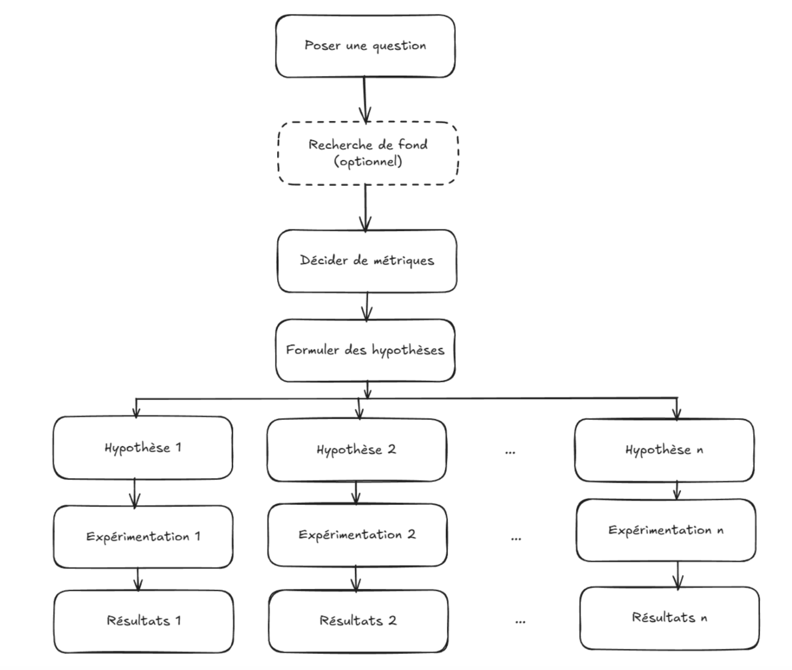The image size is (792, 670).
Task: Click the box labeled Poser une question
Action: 365,46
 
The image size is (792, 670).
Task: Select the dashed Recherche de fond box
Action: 368,153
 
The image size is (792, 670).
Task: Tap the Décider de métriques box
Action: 367,261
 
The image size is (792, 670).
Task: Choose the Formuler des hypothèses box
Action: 365,350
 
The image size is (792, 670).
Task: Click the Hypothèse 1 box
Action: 142,448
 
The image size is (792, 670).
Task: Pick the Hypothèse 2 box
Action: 357,450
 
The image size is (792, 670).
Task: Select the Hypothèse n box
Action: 664,450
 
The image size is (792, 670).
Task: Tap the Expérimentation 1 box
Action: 143,537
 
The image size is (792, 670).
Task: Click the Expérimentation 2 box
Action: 357,535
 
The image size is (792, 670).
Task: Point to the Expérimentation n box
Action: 666,530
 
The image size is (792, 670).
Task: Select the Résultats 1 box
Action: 143,621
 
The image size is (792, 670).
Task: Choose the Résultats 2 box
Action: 358,621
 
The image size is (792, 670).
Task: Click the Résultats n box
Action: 669,618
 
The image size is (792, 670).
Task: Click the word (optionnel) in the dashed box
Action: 368,161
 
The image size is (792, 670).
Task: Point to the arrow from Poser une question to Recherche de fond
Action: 365,100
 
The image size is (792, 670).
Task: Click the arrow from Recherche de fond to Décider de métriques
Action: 365,208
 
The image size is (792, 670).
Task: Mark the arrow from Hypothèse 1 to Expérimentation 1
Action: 135,494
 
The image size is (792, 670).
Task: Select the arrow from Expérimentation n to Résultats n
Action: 678,575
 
